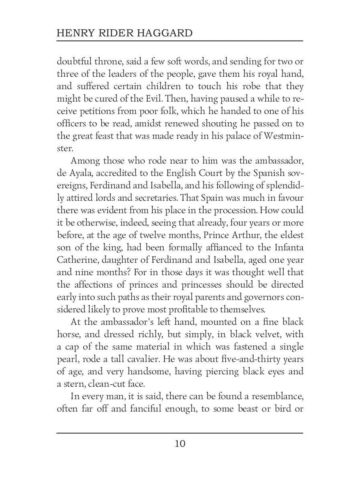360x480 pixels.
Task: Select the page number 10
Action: click(x=180, y=444)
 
